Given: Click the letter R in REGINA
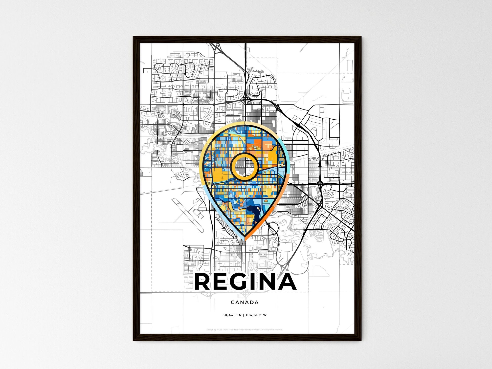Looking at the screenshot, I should (x=202, y=282).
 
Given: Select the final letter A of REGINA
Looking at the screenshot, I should (x=285, y=282).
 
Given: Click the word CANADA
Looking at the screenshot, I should (x=244, y=302).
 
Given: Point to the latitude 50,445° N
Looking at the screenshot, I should (x=231, y=315).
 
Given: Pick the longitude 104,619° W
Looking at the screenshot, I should (x=256, y=315).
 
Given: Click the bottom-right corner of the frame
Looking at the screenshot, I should (x=361, y=340).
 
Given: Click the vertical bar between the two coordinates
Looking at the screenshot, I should (x=243, y=315).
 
